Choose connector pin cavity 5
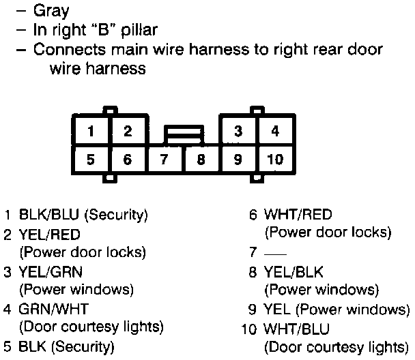tap(91, 161)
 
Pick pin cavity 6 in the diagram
tap(127, 161)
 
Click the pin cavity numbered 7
tap(164, 161)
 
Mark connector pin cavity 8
tap(201, 161)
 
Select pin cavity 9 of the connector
tap(238, 161)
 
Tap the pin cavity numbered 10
tap(274, 161)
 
